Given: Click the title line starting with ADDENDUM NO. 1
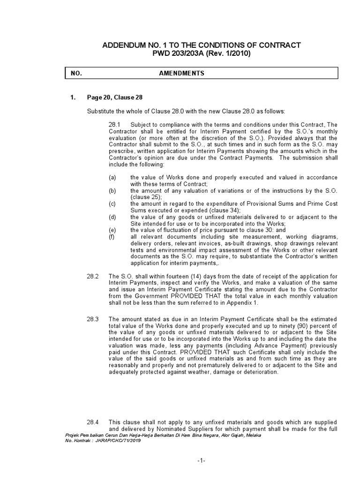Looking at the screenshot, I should tap(201, 45).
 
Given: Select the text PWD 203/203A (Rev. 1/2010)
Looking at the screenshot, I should tap(201, 53).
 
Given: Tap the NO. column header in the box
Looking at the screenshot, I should tap(76, 74).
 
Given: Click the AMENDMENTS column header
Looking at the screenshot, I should tap(181, 74).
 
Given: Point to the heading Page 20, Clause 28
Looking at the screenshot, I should tap(114, 97).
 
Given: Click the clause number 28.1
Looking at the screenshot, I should tap(115, 125).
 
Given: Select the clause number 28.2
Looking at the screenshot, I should tap(93, 277).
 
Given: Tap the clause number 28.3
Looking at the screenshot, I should tap(93, 319).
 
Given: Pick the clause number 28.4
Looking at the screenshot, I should tap(93, 422).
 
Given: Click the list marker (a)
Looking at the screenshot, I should tap(112, 178).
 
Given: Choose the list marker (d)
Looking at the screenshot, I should tap(112, 217).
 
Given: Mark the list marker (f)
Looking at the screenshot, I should tap(112, 237).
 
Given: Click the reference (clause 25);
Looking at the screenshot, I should tap(148, 197).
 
